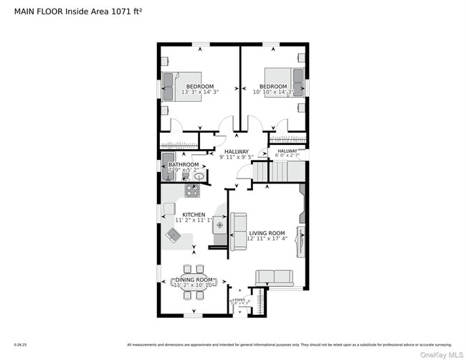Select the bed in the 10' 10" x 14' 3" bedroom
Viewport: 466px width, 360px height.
[x=279, y=80]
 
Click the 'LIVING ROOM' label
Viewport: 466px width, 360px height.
[x=267, y=233]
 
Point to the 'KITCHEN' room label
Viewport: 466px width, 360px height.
[x=194, y=214]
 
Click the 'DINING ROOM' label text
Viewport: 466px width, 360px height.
[x=194, y=279]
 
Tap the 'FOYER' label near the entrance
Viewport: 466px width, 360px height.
[x=238, y=299]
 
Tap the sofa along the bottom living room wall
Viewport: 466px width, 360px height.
[x=274, y=278]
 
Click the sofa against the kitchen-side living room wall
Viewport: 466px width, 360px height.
[x=238, y=231]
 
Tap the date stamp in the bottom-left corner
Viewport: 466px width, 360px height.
[x=20, y=344]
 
